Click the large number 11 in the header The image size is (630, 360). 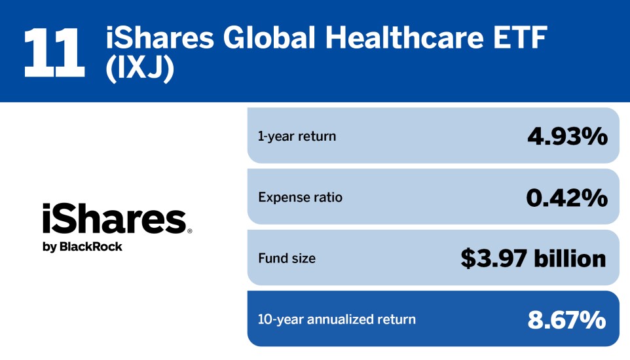pyautogui.click(x=54, y=51)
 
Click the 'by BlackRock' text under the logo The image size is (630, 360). pyautogui.click(x=83, y=247)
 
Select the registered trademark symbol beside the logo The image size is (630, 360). pyautogui.click(x=190, y=231)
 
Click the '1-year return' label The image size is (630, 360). pyautogui.click(x=297, y=136)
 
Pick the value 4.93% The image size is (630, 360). pyautogui.click(x=567, y=136)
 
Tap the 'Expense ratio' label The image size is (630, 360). pyautogui.click(x=300, y=197)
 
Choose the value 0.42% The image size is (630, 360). pyautogui.click(x=566, y=197)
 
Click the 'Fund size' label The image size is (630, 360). pyautogui.click(x=286, y=259)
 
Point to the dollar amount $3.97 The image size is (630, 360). pyautogui.click(x=494, y=259)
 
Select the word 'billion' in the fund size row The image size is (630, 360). pyautogui.click(x=570, y=259)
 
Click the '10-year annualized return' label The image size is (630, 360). pyautogui.click(x=337, y=319)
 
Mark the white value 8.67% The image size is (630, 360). pyautogui.click(x=567, y=319)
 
